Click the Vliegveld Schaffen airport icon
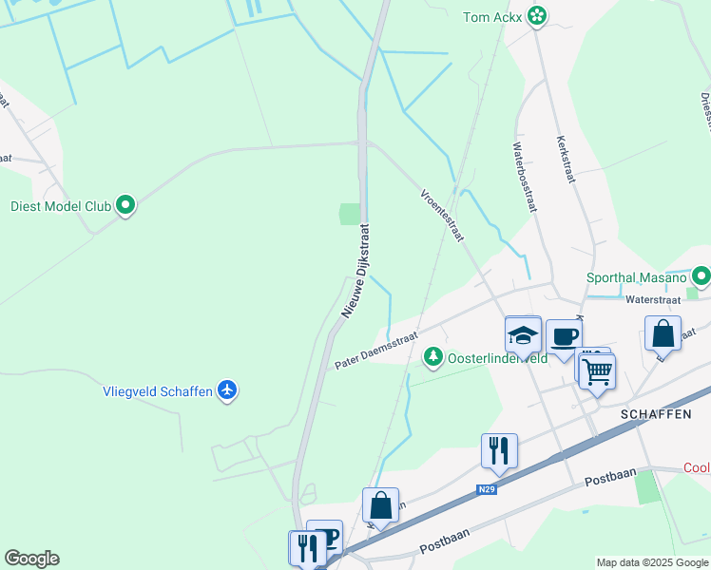pyautogui.click(x=226, y=390)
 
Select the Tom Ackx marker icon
pyautogui.click(x=537, y=16)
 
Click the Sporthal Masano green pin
pyautogui.click(x=701, y=276)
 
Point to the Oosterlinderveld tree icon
pyautogui.click(x=433, y=356)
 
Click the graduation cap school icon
pyautogui.click(x=523, y=335)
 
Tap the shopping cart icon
pyautogui.click(x=597, y=371)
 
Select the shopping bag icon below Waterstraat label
pyautogui.click(x=663, y=334)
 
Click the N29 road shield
pyautogui.click(x=487, y=490)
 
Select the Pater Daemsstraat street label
pyautogui.click(x=376, y=351)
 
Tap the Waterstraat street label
pyautogui.click(x=652, y=299)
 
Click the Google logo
pyautogui.click(x=31, y=559)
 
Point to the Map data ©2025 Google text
pyautogui.click(x=651, y=562)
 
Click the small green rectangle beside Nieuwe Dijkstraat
pyautogui.click(x=351, y=214)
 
